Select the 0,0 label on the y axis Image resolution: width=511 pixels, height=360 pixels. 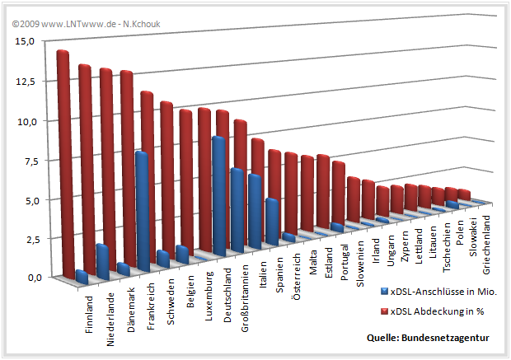coord(24,278)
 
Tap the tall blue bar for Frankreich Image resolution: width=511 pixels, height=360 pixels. coord(142,210)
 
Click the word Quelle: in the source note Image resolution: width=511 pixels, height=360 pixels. coord(385,339)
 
